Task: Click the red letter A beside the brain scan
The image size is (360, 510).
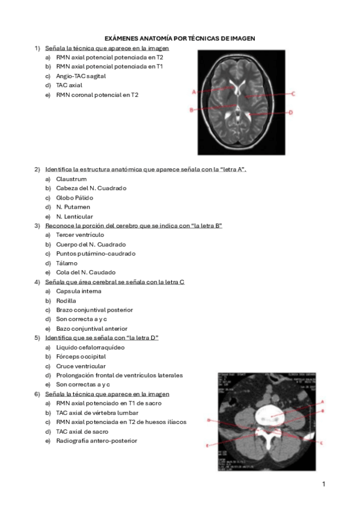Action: (194, 92)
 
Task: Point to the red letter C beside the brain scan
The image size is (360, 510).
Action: (292, 94)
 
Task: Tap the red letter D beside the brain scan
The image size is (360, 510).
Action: (290, 112)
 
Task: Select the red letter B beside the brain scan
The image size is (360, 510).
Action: (191, 110)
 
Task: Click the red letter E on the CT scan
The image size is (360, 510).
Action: (207, 446)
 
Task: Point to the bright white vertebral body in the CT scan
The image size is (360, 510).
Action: (269, 415)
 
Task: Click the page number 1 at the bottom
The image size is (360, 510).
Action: (323, 484)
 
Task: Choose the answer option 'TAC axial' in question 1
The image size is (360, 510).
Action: (69, 85)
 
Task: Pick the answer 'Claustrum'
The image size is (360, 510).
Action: (71, 179)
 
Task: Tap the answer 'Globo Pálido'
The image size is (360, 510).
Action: (75, 198)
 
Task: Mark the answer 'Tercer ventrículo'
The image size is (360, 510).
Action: (80, 235)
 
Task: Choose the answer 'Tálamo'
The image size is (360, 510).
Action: (67, 263)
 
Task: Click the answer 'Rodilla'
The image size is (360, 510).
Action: (66, 301)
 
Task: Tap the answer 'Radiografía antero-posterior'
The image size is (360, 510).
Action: (96, 441)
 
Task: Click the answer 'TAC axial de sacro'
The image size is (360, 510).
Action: (82, 432)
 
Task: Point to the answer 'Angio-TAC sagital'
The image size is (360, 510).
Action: (81, 76)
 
